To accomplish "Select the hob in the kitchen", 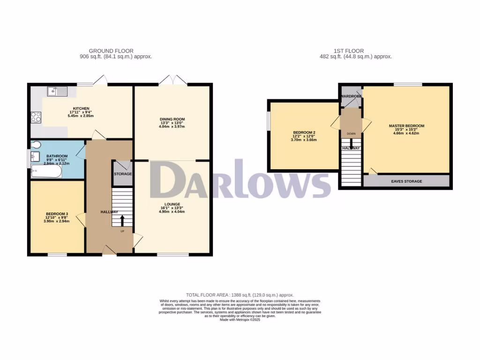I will click(36, 117).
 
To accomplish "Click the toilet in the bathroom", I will click(36, 145).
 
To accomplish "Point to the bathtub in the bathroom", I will click(45, 172).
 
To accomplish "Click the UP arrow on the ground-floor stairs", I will click(123, 220).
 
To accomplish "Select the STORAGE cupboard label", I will click(123, 174).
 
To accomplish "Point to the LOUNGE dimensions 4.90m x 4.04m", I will click(172, 211).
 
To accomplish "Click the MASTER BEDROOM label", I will click(406, 126).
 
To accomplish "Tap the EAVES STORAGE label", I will click(406, 181).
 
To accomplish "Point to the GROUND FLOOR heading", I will click(111, 51).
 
